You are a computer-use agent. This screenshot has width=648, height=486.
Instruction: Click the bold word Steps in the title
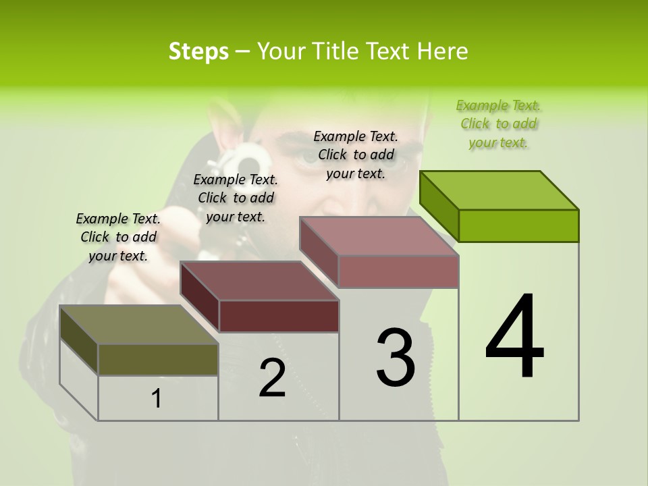click(198, 51)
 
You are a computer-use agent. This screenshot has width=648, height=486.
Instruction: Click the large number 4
click(514, 337)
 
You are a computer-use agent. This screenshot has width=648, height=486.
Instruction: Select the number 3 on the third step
click(396, 358)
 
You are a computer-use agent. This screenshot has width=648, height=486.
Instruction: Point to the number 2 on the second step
click(272, 379)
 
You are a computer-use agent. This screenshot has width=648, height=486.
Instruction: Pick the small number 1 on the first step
click(157, 399)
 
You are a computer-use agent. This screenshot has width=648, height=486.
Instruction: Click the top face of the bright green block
click(500, 190)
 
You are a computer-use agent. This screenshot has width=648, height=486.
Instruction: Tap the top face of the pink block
click(379, 236)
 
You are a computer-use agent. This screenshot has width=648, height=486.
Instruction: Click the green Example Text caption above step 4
click(498, 124)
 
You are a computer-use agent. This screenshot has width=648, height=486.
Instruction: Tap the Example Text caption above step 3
click(356, 155)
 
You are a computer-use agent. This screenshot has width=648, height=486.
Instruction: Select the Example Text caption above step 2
click(236, 198)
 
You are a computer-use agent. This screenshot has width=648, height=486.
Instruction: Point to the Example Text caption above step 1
click(118, 237)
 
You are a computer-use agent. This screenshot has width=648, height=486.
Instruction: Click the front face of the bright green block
click(518, 225)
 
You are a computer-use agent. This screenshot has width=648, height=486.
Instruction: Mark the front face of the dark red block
click(278, 316)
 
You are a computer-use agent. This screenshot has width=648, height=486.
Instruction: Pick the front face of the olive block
click(158, 359)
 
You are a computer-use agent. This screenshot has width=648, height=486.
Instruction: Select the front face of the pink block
click(398, 271)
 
